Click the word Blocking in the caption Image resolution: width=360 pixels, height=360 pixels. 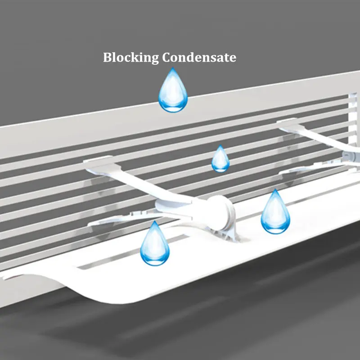point(130,58)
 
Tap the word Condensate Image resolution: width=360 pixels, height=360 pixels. point(199,57)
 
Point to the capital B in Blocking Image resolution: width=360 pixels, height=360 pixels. point(107,57)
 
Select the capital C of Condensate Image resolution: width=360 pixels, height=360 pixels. point(166,57)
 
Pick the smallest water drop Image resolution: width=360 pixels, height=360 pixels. point(220,158)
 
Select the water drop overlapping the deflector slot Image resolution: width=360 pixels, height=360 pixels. point(155,243)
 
